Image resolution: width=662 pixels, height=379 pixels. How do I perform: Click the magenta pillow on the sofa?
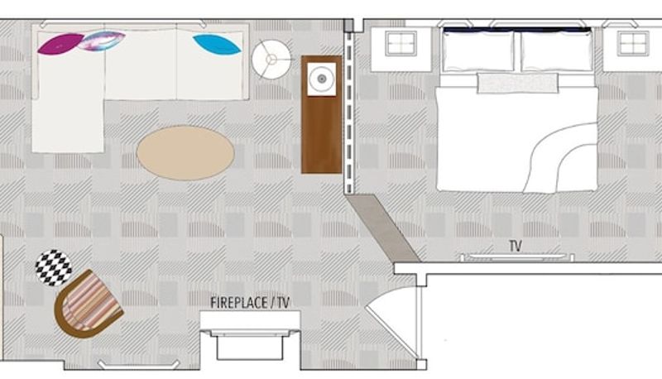60,44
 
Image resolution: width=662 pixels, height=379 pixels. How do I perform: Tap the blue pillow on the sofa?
217,45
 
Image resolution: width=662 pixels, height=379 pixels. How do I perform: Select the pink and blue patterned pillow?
101,41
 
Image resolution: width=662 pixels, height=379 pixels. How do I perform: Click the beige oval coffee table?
185,153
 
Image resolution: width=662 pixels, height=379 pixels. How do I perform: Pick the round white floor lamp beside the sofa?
271,60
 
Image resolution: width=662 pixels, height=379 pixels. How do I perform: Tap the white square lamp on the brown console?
322,79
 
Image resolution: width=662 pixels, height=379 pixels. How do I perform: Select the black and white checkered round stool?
53,267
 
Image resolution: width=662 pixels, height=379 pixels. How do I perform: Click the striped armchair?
88,304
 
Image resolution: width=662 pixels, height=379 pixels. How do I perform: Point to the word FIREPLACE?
238,303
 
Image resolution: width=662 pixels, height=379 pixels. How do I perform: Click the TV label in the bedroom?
516,246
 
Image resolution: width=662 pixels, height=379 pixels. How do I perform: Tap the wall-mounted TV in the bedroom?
516,257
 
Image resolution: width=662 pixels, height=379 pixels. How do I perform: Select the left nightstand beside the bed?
401,49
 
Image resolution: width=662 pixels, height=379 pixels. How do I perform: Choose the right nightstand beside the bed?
632,49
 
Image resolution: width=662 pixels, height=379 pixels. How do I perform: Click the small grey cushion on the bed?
518,83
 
